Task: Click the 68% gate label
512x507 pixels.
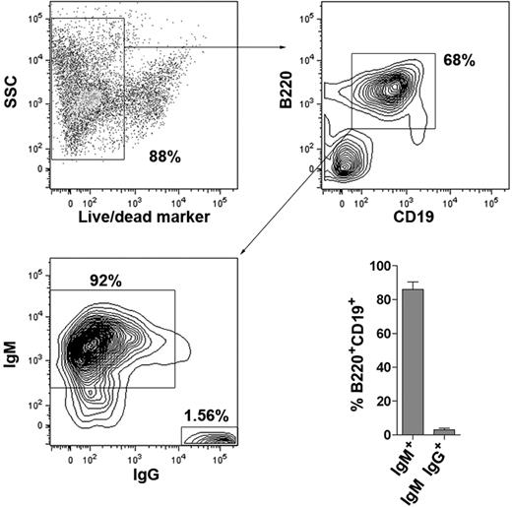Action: click(459, 61)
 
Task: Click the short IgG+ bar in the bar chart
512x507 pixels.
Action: click(443, 431)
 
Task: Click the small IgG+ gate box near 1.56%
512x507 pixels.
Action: click(209, 435)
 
